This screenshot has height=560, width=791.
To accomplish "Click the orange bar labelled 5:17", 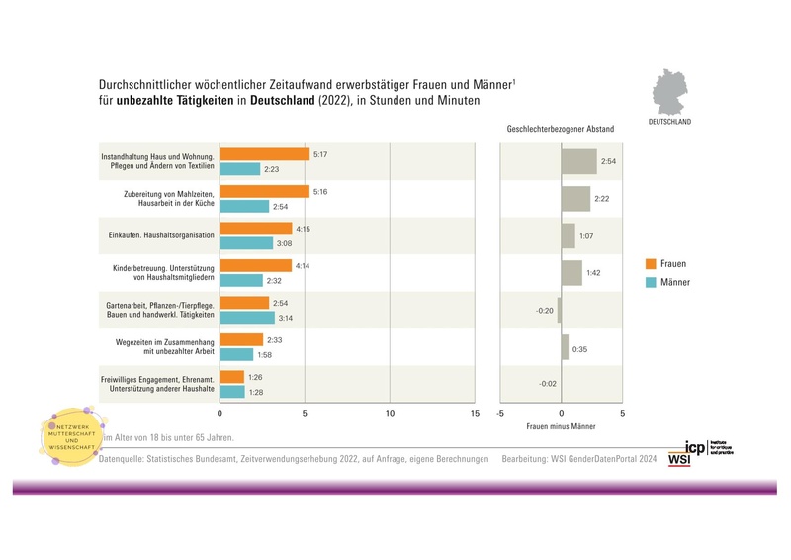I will [x=264, y=154].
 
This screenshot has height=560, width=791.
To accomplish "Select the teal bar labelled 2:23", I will [x=239, y=169].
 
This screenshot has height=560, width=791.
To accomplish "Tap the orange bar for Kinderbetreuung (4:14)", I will [x=255, y=265].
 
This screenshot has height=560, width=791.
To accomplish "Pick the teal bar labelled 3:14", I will [x=246, y=318].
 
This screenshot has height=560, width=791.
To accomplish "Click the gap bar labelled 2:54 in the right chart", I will [x=578, y=161].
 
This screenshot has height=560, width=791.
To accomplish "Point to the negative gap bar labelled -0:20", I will [x=559, y=310].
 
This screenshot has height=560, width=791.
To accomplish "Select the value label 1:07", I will [x=585, y=236].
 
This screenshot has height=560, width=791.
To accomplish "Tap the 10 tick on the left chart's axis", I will [x=390, y=413].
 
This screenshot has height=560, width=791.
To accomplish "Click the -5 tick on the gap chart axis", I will [x=500, y=413].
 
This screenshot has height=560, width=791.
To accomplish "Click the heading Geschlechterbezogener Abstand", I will [x=560, y=129].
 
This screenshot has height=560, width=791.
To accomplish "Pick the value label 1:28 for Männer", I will [x=256, y=392].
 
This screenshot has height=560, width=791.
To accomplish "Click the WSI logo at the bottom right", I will [x=679, y=459].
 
